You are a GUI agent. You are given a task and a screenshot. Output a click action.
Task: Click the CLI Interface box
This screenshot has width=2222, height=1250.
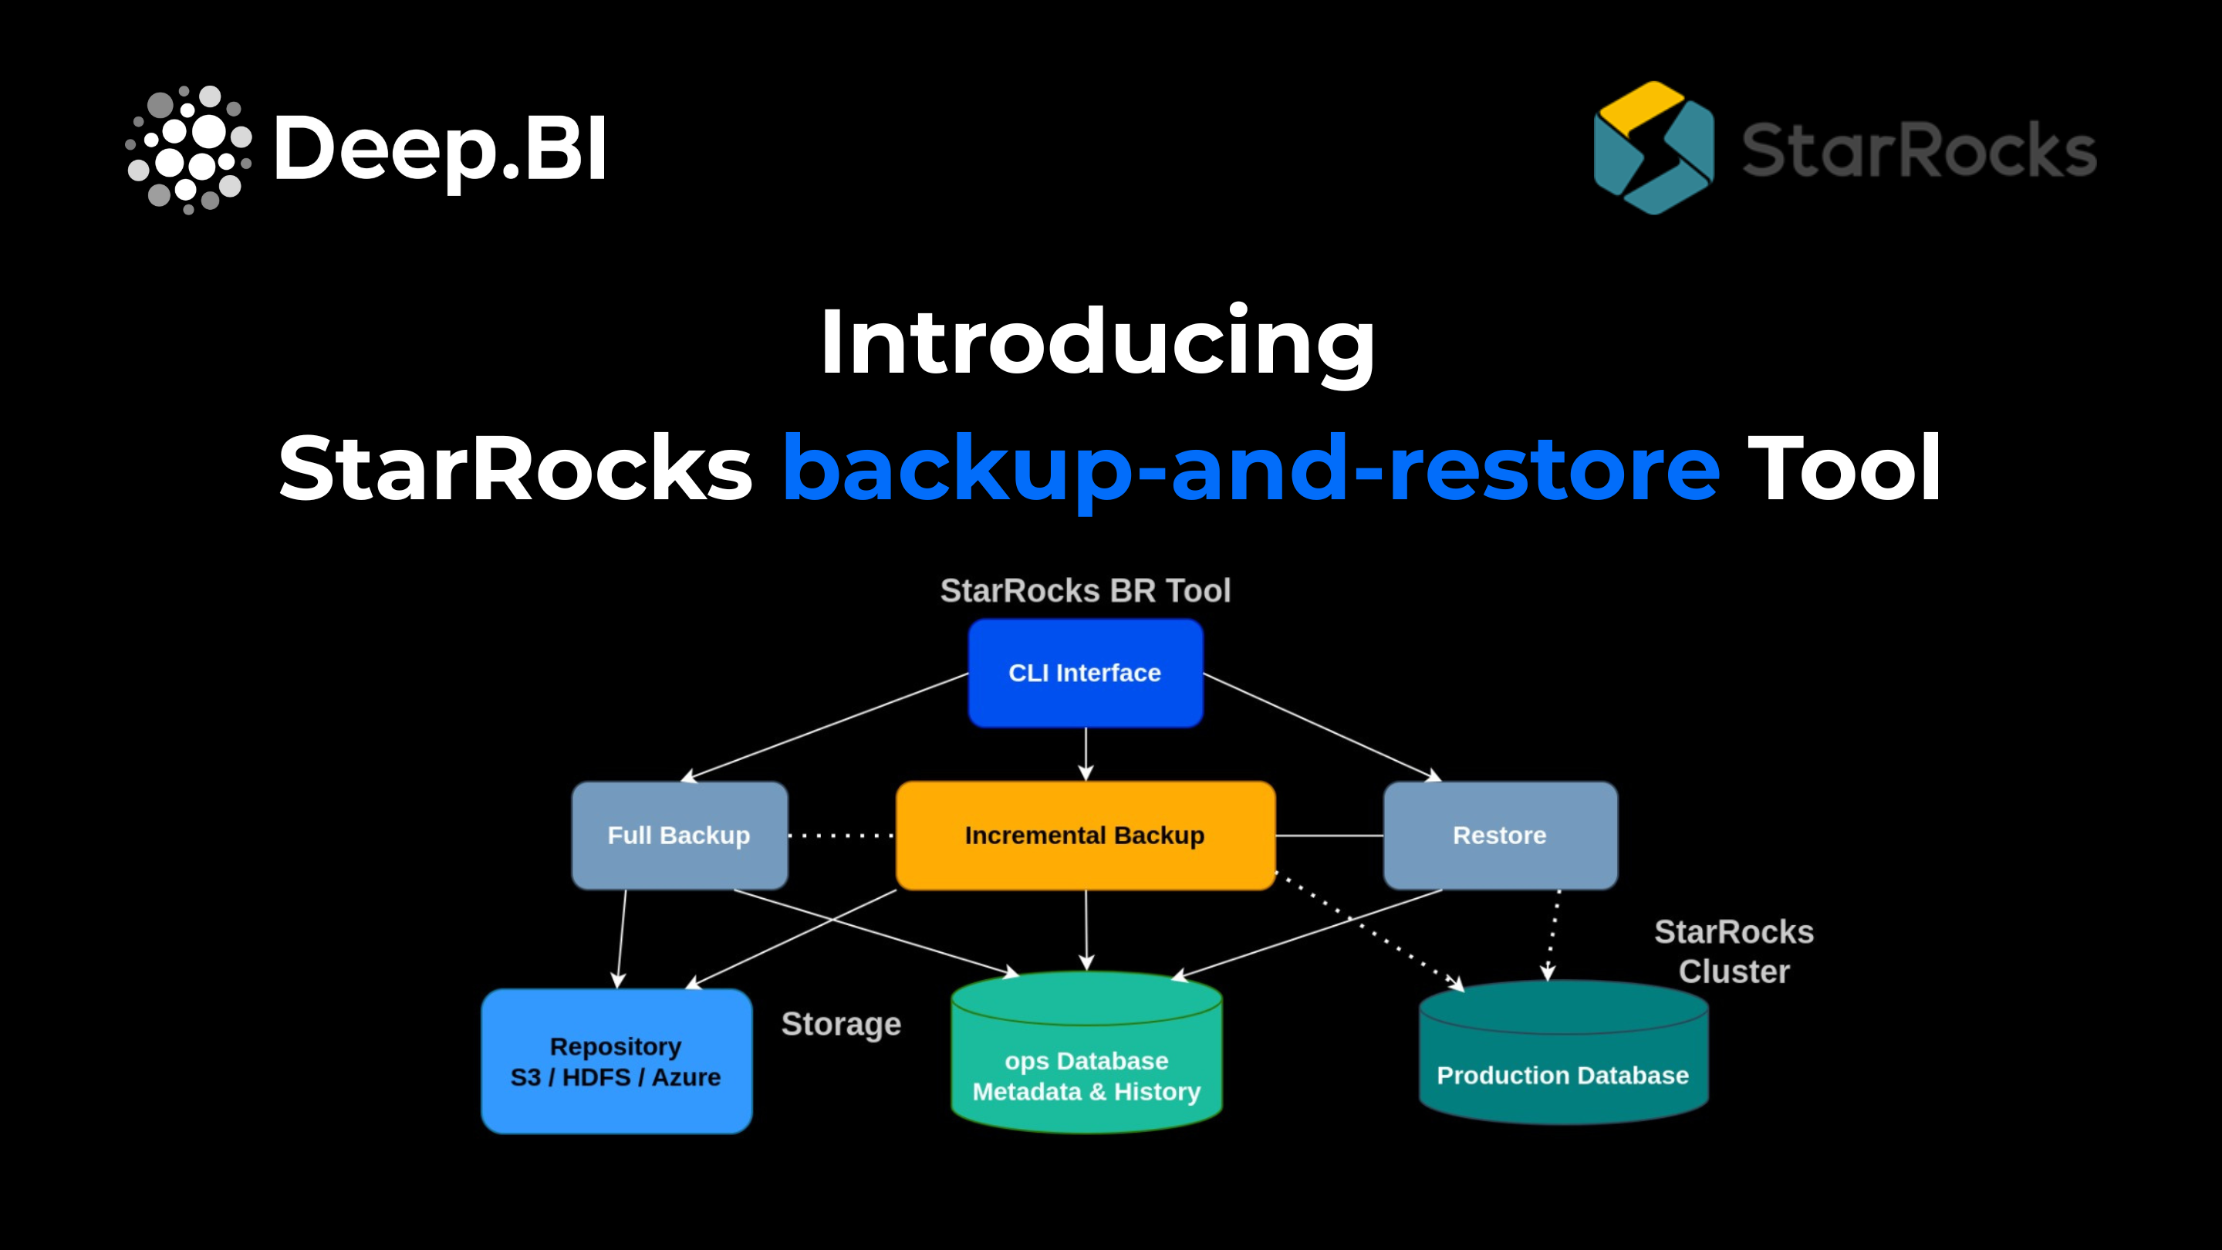(1085, 673)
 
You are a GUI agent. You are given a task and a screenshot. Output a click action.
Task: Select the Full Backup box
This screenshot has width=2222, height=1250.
(680, 835)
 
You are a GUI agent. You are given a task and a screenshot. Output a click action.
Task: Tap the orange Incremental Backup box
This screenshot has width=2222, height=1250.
(1085, 835)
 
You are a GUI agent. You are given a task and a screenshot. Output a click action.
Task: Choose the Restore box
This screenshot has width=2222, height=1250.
(1500, 835)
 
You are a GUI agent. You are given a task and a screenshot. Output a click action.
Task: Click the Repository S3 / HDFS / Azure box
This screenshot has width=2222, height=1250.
(616, 1061)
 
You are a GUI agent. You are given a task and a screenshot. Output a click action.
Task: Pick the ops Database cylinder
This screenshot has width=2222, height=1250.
(1086, 1052)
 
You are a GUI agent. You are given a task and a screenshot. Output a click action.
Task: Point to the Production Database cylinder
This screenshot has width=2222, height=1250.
(1563, 1052)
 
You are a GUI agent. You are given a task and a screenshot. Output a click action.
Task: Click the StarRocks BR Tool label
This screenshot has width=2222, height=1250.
(1085, 591)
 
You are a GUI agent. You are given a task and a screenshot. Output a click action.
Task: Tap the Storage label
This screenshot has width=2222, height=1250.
(841, 1025)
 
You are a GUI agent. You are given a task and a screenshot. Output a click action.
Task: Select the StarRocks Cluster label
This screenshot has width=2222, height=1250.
(1734, 951)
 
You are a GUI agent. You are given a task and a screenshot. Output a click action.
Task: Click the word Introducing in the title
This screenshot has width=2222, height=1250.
(1097, 343)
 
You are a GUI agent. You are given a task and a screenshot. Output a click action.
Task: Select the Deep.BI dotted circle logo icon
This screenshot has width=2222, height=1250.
(189, 149)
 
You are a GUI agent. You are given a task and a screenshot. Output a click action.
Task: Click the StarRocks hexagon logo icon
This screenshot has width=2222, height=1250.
(1653, 147)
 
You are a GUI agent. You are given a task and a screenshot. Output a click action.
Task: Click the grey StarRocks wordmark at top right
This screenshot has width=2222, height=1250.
(1920, 150)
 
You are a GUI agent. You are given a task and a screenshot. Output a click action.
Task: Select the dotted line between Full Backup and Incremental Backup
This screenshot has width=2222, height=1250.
(842, 836)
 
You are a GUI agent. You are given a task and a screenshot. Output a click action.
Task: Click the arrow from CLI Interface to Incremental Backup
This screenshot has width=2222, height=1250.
(1086, 754)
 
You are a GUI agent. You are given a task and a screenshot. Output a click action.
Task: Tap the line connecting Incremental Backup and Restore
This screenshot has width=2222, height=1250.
(1329, 836)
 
